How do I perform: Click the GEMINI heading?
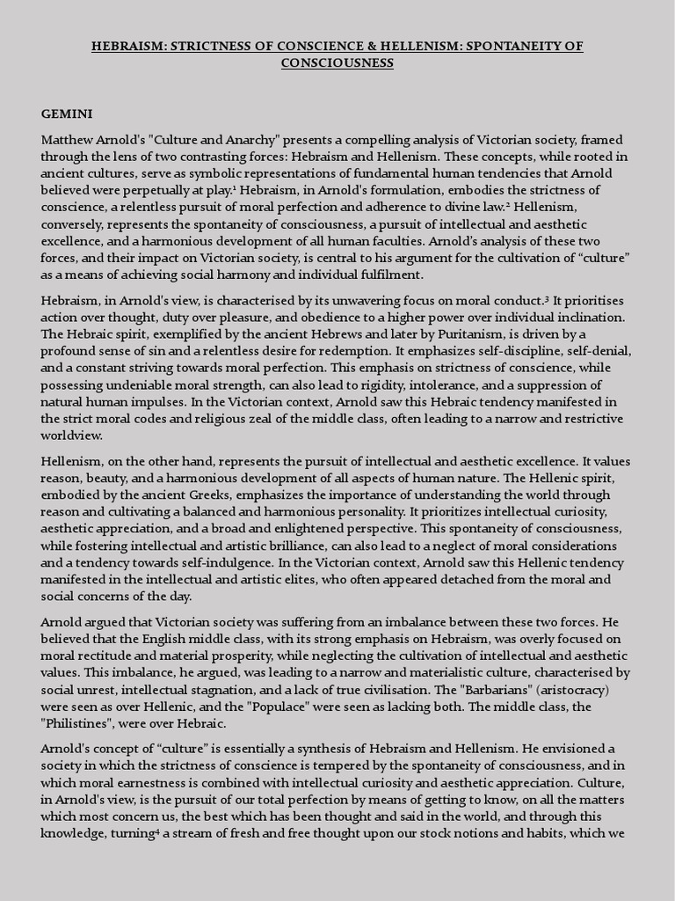67,114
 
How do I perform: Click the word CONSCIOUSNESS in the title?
337,63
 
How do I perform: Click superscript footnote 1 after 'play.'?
236,188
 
